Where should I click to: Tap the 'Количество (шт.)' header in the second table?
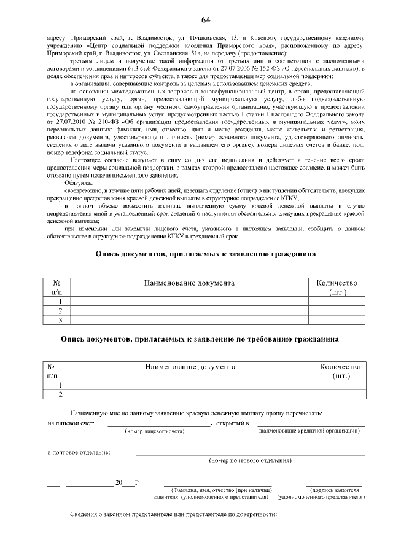tap(340, 370)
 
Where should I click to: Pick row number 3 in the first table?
tap(60, 320)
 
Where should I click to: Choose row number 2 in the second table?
tap(60, 394)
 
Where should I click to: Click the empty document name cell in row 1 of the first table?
tap(189, 302)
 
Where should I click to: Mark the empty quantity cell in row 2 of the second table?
tap(340, 394)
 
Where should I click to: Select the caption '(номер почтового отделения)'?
tap(250, 460)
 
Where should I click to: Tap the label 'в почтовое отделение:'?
tap(79, 452)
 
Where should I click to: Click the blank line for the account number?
tap(158, 424)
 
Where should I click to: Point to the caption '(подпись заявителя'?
tap(335, 490)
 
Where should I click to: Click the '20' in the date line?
tap(119, 482)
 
